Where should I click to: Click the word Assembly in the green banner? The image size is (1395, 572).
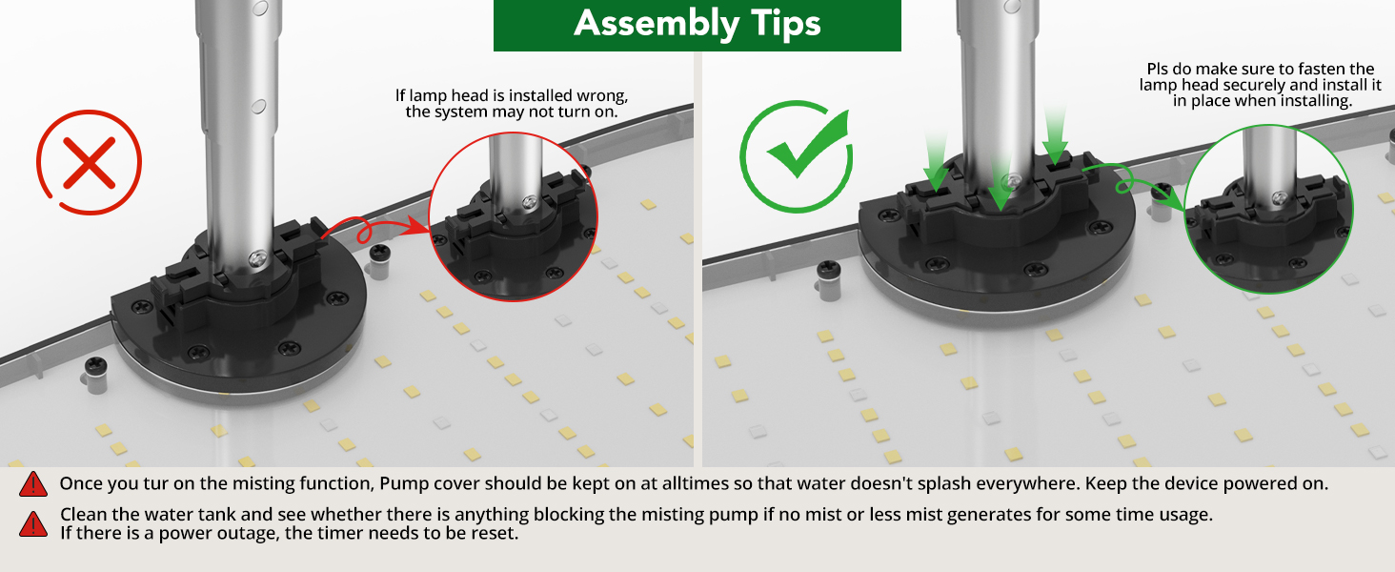(x=657, y=24)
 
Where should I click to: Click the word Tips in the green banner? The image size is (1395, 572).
(x=786, y=23)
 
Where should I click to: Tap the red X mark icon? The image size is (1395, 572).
(x=89, y=163)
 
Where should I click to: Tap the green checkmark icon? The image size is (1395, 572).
(x=798, y=155)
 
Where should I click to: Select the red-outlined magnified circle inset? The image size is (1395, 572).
(x=514, y=216)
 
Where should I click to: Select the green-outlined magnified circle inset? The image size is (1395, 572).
(x=1268, y=209)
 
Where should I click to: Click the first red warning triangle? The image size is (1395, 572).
(x=33, y=484)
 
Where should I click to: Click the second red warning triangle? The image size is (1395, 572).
(x=33, y=524)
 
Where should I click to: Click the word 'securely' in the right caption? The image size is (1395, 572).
(x=1253, y=85)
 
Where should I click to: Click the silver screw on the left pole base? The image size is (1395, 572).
(x=258, y=258)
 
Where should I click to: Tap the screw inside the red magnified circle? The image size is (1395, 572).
(x=530, y=202)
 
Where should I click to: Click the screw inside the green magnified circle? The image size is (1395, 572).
(x=1279, y=198)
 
